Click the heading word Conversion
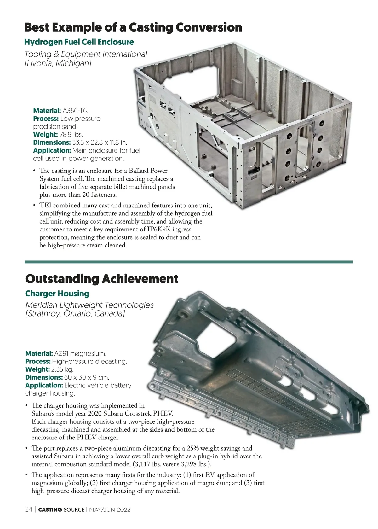pyautogui.click(x=209, y=27)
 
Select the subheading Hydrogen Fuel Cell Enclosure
pyautogui.click(x=79, y=42)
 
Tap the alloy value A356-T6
pyautogui.click(x=75, y=111)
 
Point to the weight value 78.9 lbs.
pyautogui.click(x=71, y=134)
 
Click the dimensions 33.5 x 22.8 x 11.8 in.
pyautogui.click(x=99, y=142)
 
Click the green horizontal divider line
pyautogui.click(x=189, y=262)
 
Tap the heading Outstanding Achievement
pyautogui.click(x=102, y=279)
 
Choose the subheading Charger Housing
pyautogui.click(x=57, y=293)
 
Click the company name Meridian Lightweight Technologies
pyautogui.click(x=89, y=305)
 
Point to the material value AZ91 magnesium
pyautogui.click(x=80, y=353)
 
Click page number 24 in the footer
pyautogui.click(x=29, y=509)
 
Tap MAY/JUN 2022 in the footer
pyautogui.click(x=110, y=510)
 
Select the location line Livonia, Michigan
pyautogui.click(x=58, y=63)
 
